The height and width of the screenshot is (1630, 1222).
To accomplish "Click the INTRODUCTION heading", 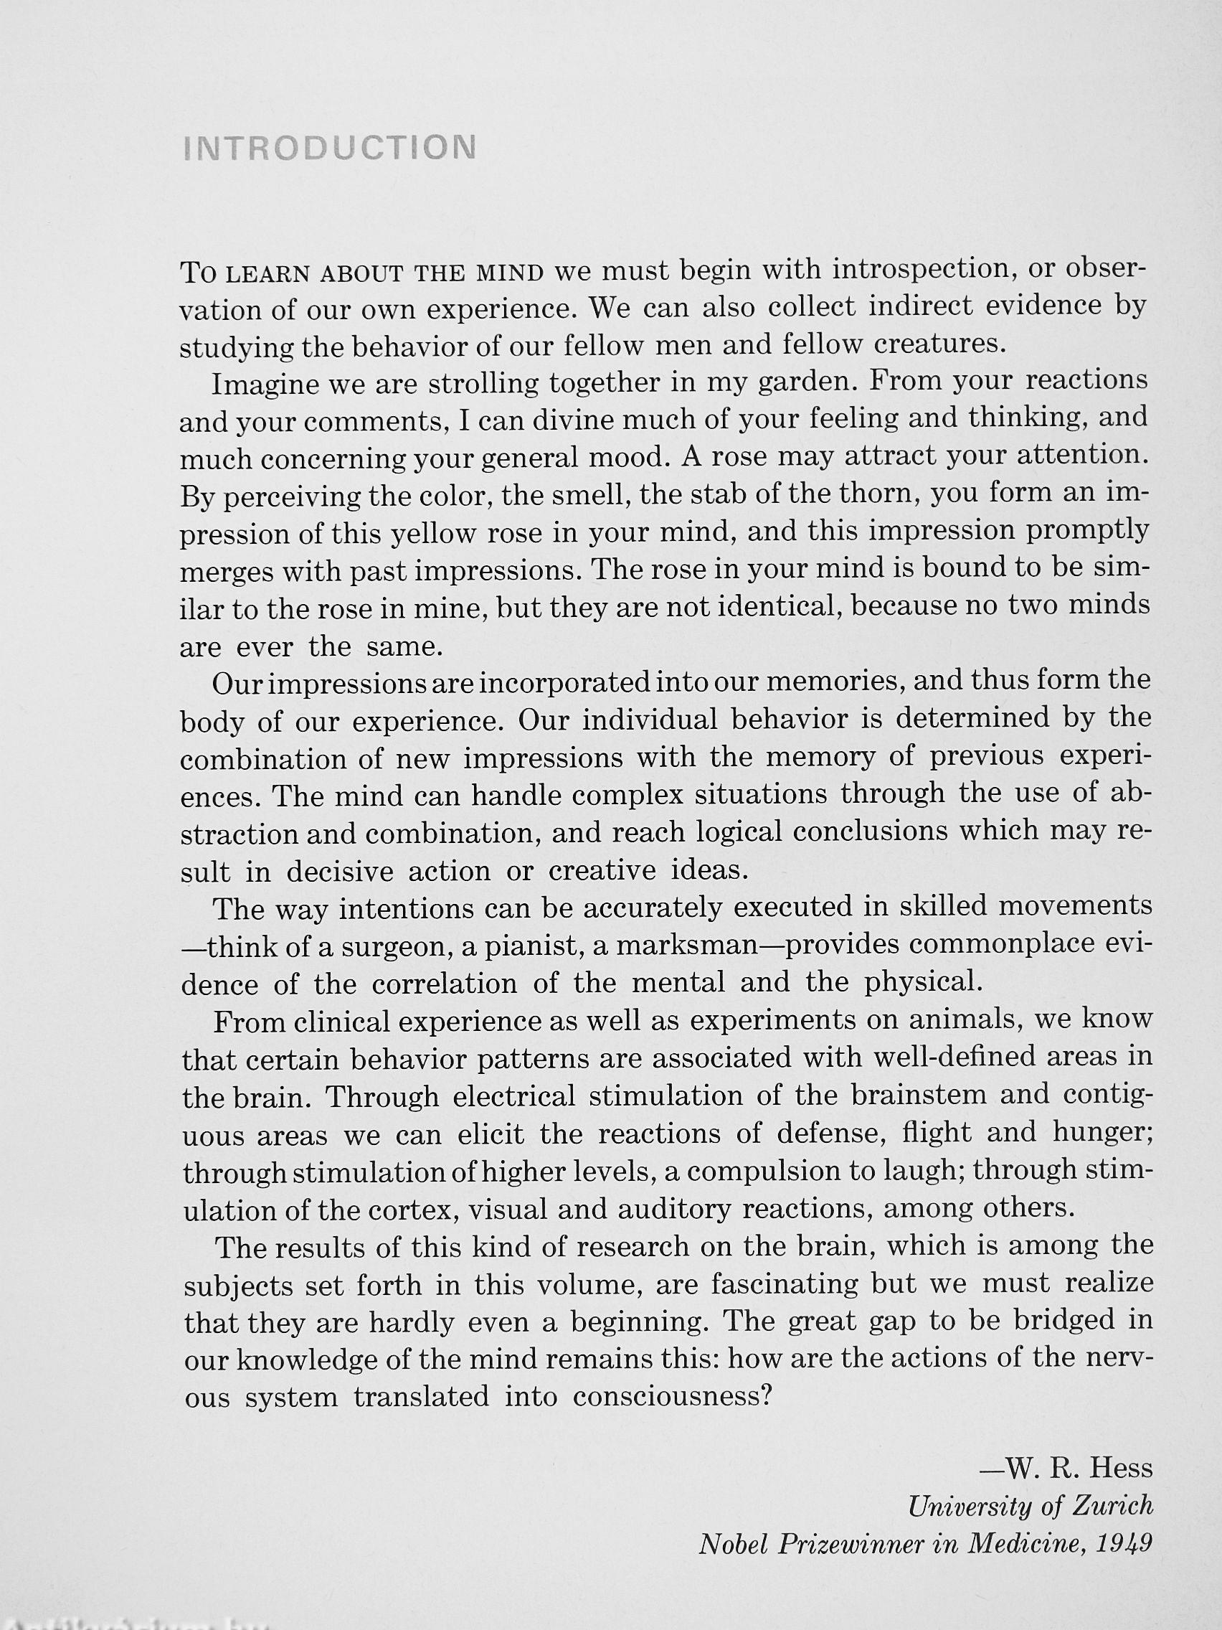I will (328, 147).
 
